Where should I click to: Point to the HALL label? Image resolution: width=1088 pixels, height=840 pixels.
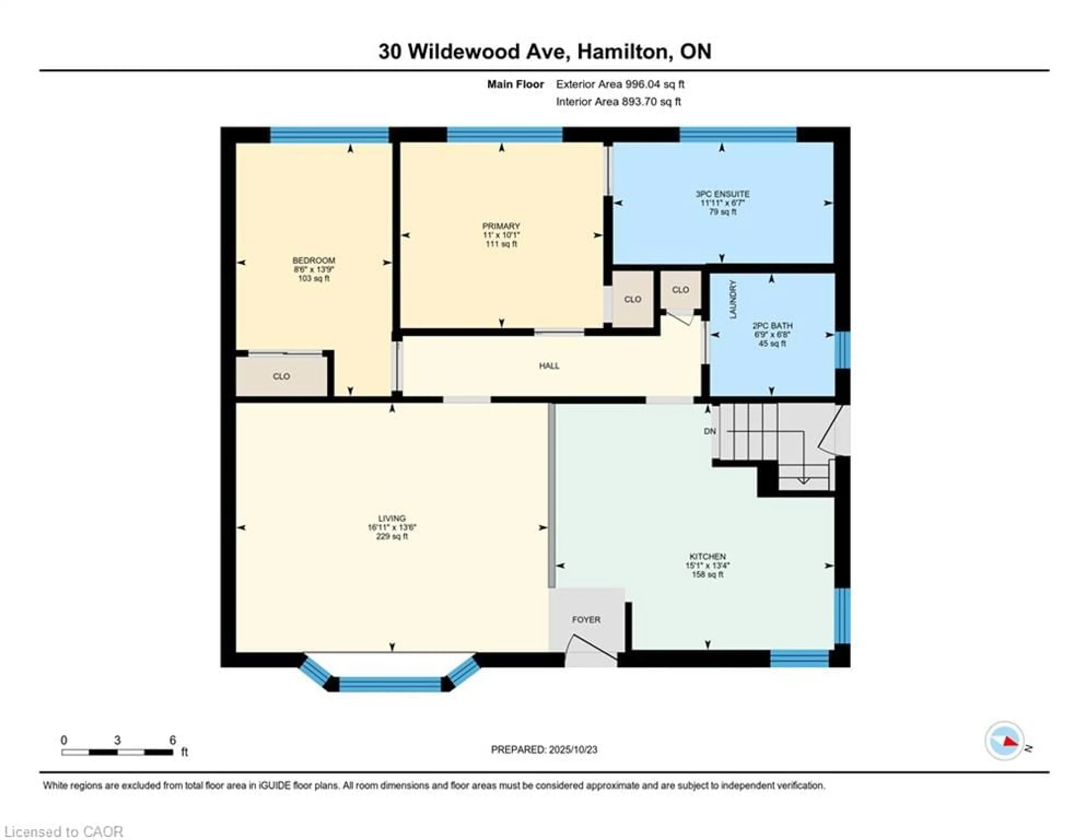(549, 366)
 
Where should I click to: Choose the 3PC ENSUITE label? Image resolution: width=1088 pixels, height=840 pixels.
(722, 194)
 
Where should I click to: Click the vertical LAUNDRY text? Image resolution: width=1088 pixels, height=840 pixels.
(733, 299)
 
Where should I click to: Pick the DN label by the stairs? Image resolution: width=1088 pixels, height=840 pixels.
(710, 431)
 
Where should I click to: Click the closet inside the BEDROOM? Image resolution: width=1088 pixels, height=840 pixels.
(281, 376)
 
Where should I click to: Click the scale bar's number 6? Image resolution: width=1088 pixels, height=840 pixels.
(172, 740)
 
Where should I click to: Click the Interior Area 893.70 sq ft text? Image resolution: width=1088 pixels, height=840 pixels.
(618, 102)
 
